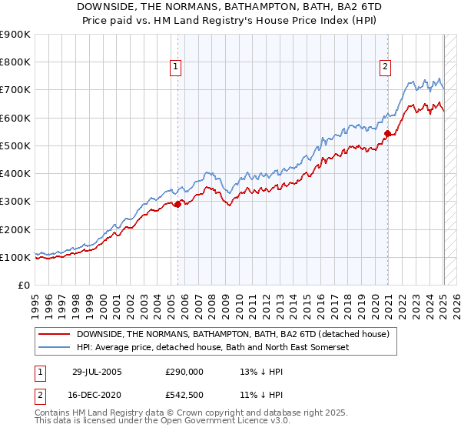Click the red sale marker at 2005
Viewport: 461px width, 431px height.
(x=177, y=204)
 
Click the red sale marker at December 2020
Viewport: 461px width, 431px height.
(x=387, y=134)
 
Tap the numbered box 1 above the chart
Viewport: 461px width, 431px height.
(x=176, y=67)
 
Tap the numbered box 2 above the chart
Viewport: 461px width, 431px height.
(x=384, y=67)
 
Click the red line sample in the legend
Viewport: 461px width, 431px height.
(x=55, y=334)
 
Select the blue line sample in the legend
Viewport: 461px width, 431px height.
(x=55, y=347)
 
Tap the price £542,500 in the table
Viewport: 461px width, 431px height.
(x=184, y=394)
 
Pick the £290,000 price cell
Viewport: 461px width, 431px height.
(x=184, y=373)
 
